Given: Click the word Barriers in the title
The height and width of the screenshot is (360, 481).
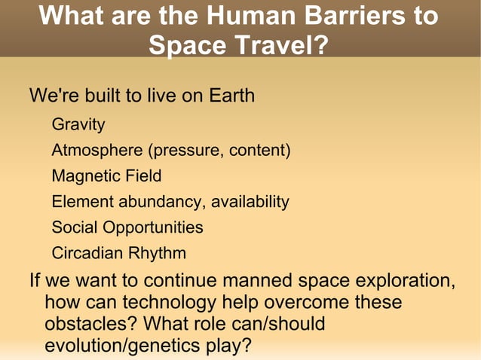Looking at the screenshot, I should pos(346,16).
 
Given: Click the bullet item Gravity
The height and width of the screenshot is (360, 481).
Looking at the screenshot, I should pos(78,124).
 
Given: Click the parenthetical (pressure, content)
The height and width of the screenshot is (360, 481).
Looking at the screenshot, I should pos(219,150).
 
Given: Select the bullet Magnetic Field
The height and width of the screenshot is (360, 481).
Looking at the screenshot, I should pos(106,175).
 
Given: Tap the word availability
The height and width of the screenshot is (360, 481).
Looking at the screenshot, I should pos(250,201).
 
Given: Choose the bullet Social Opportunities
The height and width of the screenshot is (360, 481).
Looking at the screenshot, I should pos(127,227).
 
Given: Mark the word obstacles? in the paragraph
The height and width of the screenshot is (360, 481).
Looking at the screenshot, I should pos(90,325).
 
